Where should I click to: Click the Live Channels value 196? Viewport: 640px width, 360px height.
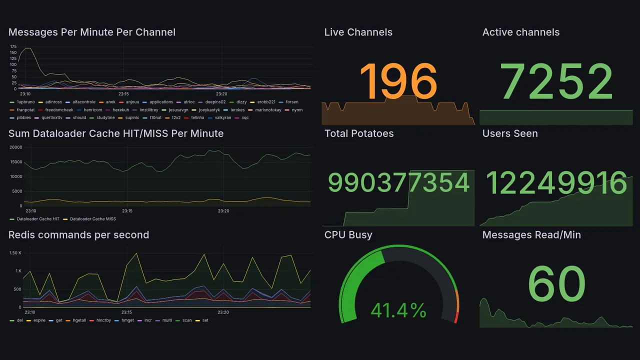tap(398, 81)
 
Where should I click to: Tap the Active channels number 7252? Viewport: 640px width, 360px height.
tap(557, 81)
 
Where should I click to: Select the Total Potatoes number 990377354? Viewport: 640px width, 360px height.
tap(398, 183)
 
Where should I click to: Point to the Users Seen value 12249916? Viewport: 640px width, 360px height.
tap(556, 183)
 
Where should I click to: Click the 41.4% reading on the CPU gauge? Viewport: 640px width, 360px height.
tap(398, 311)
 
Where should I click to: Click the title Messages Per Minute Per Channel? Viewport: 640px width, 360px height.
tap(92, 32)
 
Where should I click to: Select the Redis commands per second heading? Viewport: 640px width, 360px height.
tap(79, 235)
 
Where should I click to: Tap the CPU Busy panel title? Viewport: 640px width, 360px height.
tap(348, 235)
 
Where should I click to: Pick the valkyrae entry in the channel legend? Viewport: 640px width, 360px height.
tap(223, 118)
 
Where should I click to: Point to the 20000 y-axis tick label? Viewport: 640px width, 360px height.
tap(15, 147)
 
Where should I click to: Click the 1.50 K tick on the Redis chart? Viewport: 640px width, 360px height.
tap(15, 253)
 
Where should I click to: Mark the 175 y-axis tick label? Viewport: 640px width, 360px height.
tap(13, 47)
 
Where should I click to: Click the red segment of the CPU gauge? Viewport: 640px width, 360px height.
tap(456, 317)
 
